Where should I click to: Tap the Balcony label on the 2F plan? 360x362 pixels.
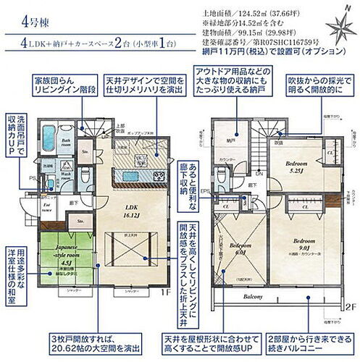coord(251,298)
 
